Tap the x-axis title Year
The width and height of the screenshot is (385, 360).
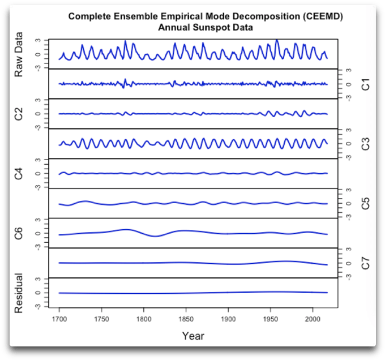193,336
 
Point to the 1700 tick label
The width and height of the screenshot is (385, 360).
59,319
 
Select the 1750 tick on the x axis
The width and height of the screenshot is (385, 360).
101,319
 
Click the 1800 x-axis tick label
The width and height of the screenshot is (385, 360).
144,319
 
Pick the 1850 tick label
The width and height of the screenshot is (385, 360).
186,319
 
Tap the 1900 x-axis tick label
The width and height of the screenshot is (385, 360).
228,319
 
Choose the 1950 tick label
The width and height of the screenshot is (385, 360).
271,319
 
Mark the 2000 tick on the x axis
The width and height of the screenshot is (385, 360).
313,319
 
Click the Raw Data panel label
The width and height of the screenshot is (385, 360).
19,54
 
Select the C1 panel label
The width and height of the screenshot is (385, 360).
365,84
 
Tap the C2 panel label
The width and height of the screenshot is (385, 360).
19,114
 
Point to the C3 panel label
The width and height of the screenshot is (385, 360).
365,144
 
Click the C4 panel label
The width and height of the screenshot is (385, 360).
19,173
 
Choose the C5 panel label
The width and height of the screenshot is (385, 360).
365,203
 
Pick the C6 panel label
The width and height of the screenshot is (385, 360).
19,233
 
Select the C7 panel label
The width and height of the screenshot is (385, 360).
365,263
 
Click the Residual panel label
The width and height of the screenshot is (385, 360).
19,293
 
